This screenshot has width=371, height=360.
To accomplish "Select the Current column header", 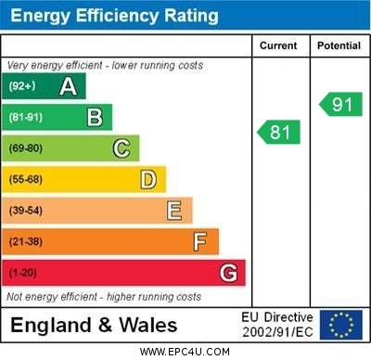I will coord(278,45).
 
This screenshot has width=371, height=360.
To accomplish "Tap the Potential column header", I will coord(339,45).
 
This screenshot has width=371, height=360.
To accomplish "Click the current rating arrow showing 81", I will coord(279,133).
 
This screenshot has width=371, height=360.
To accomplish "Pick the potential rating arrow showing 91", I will coord(340,104).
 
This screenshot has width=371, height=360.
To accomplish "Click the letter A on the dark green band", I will coord(68,87).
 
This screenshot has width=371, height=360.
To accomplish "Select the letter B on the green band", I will coord(95,117).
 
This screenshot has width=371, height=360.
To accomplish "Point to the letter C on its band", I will coord(121,148).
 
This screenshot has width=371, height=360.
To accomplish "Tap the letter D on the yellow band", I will coord(147,179).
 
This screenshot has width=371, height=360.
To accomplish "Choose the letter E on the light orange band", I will coord(173,211).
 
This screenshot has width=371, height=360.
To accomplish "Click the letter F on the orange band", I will coord(199,242).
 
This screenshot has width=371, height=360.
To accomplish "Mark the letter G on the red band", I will coord(228,273).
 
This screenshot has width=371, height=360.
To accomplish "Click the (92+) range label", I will coord(21,87).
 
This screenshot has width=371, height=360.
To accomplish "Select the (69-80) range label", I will coord(26,148).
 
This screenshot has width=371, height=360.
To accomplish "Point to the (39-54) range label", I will coord(26,211).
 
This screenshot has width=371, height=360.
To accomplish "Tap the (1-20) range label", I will coord(23,274).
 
